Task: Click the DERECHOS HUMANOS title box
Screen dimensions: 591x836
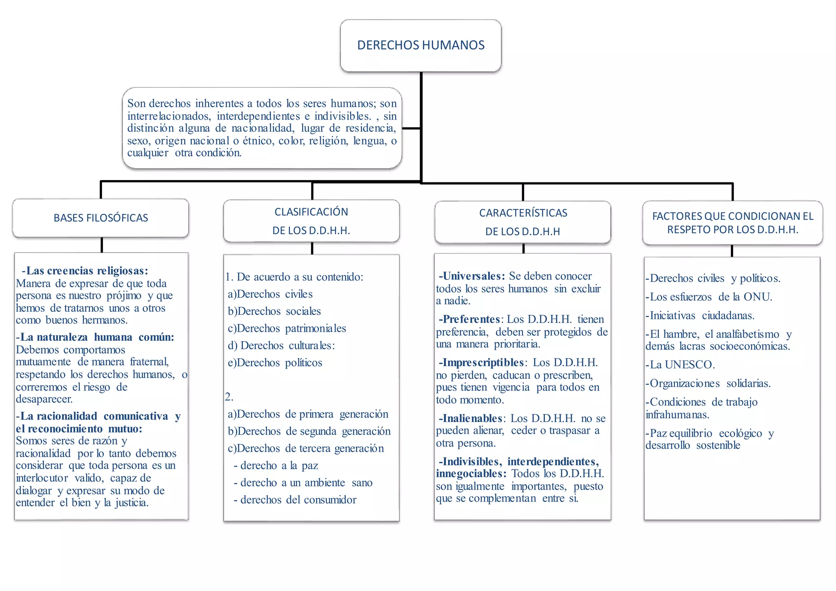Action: [x=420, y=45]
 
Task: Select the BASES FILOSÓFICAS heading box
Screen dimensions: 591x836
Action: [x=100, y=218]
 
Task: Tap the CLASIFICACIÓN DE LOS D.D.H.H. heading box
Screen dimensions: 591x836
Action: [x=311, y=221]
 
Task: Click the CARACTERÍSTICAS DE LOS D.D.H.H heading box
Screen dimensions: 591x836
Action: [x=522, y=222]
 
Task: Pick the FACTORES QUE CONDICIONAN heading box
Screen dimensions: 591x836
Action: [x=732, y=222]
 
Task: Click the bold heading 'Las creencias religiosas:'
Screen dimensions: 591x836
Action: [x=85, y=271]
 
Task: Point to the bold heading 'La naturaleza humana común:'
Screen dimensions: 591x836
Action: [x=95, y=337]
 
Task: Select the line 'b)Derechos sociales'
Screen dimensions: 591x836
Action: [x=274, y=311]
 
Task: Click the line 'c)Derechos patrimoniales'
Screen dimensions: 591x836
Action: [x=287, y=328]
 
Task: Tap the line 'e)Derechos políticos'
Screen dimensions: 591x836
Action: [x=275, y=362]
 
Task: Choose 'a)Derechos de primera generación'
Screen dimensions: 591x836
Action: [x=308, y=414]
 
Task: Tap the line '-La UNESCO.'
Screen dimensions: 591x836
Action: [x=680, y=364]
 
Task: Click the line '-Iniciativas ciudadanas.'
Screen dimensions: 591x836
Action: [x=700, y=315]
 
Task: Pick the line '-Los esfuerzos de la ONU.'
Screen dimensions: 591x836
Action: [x=709, y=297]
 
